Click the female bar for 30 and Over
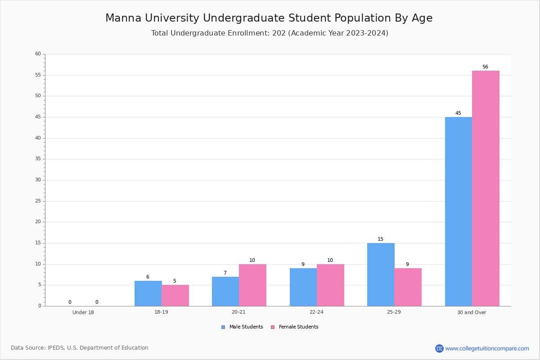tap(486, 188)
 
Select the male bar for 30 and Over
tap(459, 211)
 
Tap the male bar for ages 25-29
tap(381, 274)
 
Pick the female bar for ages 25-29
tap(408, 287)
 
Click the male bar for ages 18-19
tap(148, 293)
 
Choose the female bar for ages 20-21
tap(252, 285)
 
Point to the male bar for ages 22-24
tap(303, 287)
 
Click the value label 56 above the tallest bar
tap(485, 67)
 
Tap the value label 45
tap(458, 113)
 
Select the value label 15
tap(380, 239)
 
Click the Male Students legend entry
tap(242, 327)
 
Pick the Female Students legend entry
tap(295, 327)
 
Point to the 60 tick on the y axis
tap(38, 54)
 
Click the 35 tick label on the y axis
tap(38, 159)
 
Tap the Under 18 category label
tap(83, 312)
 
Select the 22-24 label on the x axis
tap(316, 312)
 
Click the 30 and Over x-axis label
tap(472, 312)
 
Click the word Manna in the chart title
tap(123, 18)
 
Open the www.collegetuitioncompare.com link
tap(487, 348)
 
